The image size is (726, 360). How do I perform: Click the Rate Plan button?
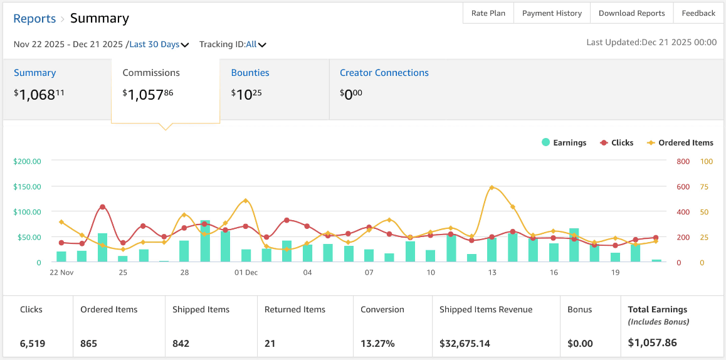tap(488, 13)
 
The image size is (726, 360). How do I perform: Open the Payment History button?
tap(552, 13)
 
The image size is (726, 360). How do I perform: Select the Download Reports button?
tap(631, 13)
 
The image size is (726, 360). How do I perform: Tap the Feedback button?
tap(698, 13)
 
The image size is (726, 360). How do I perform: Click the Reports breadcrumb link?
tap(34, 19)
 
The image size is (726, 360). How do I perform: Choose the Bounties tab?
tap(250, 73)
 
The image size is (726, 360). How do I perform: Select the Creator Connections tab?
tap(384, 73)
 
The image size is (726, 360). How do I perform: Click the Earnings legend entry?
tap(564, 143)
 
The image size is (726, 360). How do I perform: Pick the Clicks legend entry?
tap(617, 143)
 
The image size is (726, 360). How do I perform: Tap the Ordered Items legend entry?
tap(680, 143)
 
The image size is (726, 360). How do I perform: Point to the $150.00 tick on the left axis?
tap(28, 187)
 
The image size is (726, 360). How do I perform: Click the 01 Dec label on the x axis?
tap(246, 272)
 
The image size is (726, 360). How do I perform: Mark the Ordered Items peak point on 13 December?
tap(492, 188)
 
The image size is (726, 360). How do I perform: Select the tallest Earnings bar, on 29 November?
tap(205, 241)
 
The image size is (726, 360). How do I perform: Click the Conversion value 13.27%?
tap(377, 344)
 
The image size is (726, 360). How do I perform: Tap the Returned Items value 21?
tap(270, 344)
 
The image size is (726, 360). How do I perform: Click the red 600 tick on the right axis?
tap(683, 187)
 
